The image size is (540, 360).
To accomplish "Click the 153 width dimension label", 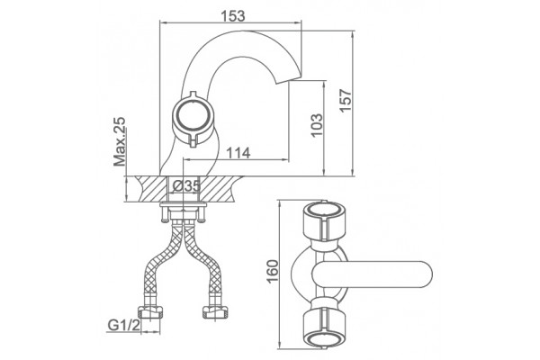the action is pos(233,15).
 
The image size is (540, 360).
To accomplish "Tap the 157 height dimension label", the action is pos(346,100).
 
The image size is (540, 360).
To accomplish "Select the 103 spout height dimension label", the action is pos(317,125).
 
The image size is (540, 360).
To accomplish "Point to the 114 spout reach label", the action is pos(238,153).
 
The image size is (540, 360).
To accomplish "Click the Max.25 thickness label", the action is pos(120,141).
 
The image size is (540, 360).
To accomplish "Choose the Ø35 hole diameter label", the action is pos(186,186).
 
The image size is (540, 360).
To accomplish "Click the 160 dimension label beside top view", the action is pos(273,272).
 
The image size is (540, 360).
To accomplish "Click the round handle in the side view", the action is pos(192,116).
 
